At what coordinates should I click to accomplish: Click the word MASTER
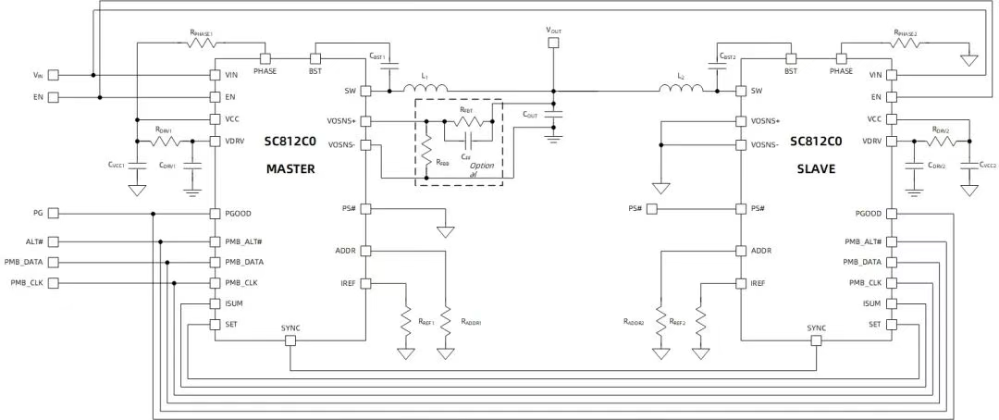click(x=290, y=168)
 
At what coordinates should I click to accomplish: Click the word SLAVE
click(x=816, y=168)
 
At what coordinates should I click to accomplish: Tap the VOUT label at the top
click(x=553, y=31)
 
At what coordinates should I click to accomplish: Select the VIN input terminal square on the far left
click(x=54, y=75)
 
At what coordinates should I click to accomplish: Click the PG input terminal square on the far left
click(x=54, y=214)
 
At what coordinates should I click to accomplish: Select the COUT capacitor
click(x=553, y=117)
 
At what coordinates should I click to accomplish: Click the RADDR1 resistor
click(x=447, y=322)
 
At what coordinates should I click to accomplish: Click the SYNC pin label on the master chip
click(x=290, y=328)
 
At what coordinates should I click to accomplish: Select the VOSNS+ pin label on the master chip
click(x=343, y=121)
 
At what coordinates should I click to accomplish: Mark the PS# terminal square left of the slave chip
click(x=652, y=209)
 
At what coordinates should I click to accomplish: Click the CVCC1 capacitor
click(x=137, y=164)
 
